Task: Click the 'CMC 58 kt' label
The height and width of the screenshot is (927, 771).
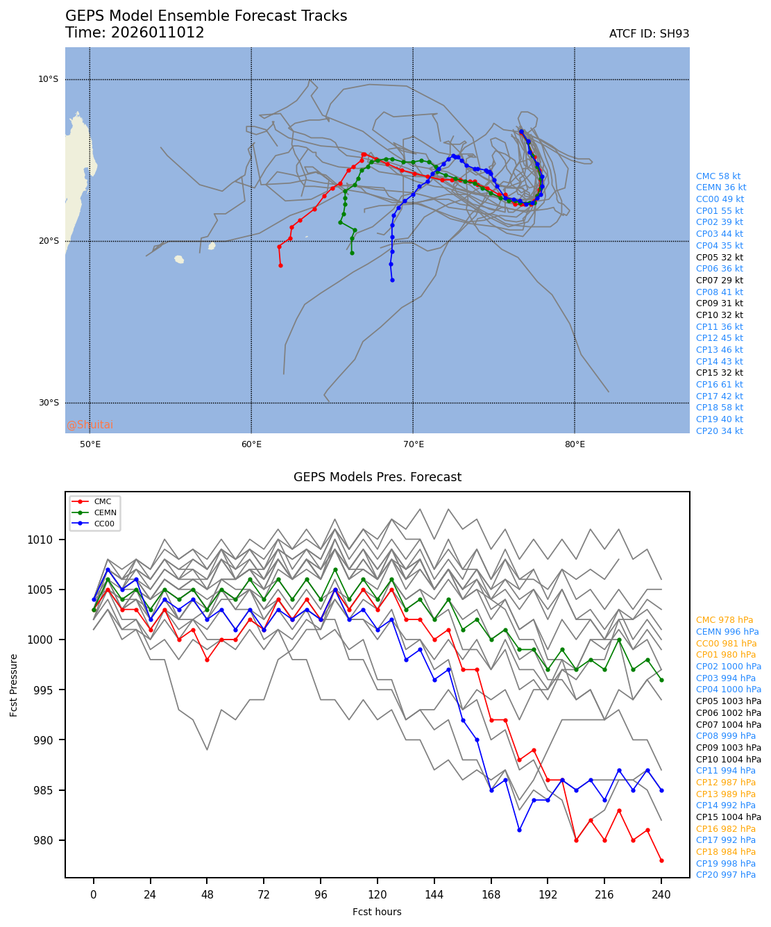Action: [x=718, y=176]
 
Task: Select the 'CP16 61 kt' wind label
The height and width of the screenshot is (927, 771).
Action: [x=719, y=385]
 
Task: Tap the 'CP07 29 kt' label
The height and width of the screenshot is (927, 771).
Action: [x=719, y=281]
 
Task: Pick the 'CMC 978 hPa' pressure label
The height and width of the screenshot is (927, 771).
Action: [x=725, y=620]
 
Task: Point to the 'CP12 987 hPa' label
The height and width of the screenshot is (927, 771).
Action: [x=726, y=783]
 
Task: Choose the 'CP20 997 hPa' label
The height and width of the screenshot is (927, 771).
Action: [x=726, y=875]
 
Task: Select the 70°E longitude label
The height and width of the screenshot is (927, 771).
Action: [x=413, y=444]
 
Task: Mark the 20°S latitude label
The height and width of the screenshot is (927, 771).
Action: [x=49, y=241]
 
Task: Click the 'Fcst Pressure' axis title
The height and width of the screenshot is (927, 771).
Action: [x=15, y=684]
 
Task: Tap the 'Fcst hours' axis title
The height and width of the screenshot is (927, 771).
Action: [x=377, y=912]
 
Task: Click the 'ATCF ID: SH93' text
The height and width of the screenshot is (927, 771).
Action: [x=649, y=34]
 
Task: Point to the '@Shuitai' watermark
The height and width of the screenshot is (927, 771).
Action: [x=90, y=425]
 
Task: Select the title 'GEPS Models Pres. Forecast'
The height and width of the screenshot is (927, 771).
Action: [x=377, y=477]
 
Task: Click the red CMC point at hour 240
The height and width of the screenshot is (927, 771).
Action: [x=661, y=860]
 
